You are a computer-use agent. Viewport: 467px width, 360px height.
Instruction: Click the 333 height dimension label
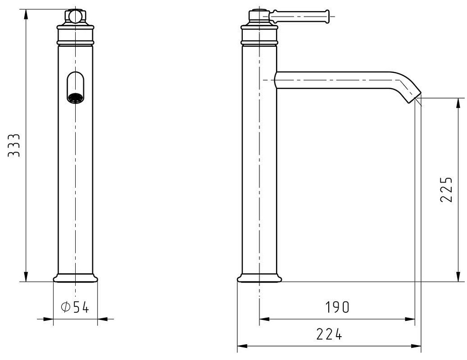pyautogui.click(x=14, y=145)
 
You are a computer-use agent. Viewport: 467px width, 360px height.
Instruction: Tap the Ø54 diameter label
pyautogui.click(x=75, y=307)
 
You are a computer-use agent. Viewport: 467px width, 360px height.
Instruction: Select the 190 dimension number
pyautogui.click(x=337, y=307)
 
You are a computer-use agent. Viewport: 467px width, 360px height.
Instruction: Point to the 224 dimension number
pyautogui.click(x=329, y=334)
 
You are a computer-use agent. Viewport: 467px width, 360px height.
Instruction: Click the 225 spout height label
pyautogui.click(x=446, y=190)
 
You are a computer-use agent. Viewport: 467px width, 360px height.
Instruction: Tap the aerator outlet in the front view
pyautogui.click(x=75, y=98)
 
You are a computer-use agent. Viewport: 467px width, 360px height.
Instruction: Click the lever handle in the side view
pyautogui.click(x=299, y=16)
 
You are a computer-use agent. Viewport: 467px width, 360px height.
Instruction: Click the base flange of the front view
pyautogui.click(x=75, y=278)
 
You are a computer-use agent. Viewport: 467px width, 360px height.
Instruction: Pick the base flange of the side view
pyautogui.click(x=259, y=278)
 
